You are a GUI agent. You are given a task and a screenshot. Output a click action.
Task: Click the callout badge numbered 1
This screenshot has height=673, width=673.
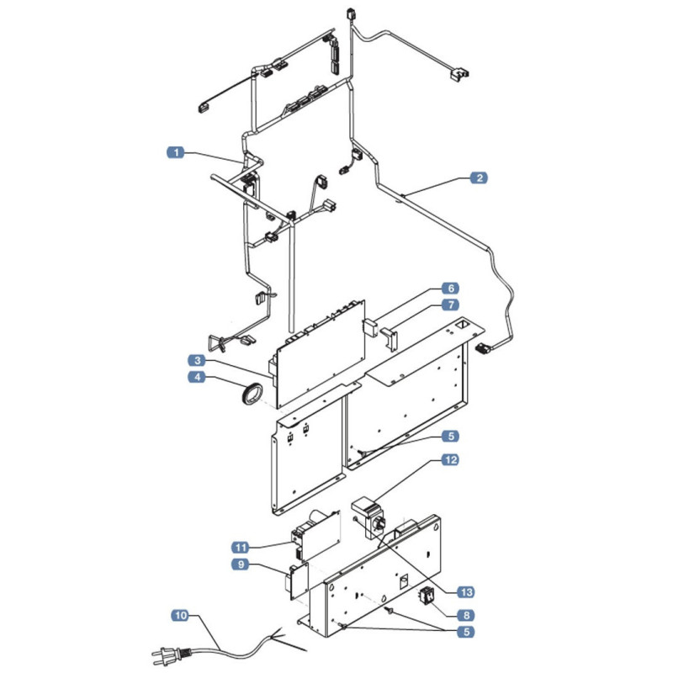click(x=176, y=152)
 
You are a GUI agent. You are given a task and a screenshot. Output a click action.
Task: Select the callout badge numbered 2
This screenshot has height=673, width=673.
click(x=479, y=178)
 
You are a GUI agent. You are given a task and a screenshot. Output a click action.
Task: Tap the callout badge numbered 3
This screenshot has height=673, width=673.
click(x=197, y=360)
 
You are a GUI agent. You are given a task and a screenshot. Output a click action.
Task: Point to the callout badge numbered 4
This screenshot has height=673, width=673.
click(x=197, y=377)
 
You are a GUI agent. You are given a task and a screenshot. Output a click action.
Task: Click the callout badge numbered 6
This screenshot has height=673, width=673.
click(x=451, y=288)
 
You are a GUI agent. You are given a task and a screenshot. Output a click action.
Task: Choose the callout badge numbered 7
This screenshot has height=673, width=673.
click(x=451, y=305)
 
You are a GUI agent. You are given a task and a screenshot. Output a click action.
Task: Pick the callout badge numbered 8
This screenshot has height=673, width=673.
click(x=466, y=615)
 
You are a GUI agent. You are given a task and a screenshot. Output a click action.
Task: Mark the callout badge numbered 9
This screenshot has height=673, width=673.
click(x=241, y=564)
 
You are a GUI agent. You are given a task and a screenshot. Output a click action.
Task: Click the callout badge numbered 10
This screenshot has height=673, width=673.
click(x=181, y=615)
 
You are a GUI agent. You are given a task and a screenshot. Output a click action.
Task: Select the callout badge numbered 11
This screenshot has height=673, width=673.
click(x=241, y=548)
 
